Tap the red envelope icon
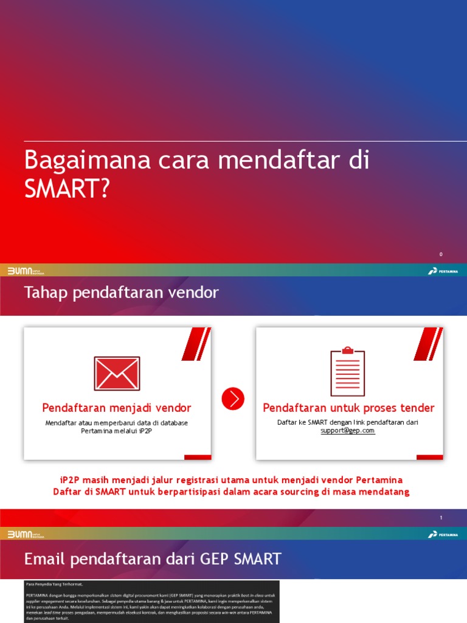coord(117,374)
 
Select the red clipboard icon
coord(348,372)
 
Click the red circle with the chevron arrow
coord(233,399)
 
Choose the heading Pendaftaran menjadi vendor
coord(117,408)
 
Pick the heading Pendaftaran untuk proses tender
coord(348,408)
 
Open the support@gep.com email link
coord(348,431)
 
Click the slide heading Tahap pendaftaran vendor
coord(121,293)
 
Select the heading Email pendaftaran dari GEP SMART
coord(153,559)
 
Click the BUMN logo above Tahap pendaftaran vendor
coord(26,271)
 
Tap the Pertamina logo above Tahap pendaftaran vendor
coord(443,271)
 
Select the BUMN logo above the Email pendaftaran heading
coord(26,534)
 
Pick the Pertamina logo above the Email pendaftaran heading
coord(443,534)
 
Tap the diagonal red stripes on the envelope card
coord(196,343)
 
